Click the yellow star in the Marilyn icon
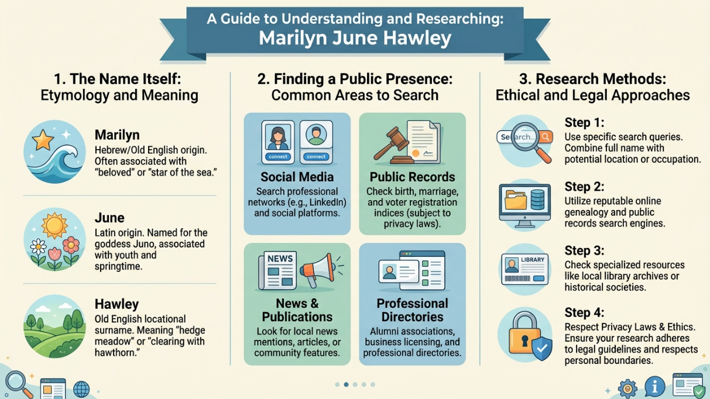click(43, 140)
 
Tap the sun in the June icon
click(55, 226)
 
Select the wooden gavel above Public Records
click(390, 145)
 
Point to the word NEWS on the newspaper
click(280, 259)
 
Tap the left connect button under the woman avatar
click(277, 157)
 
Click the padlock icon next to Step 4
click(524, 336)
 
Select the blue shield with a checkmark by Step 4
click(541, 348)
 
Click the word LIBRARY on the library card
click(533, 260)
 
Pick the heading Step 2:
click(584, 187)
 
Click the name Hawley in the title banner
click(417, 38)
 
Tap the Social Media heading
click(297, 177)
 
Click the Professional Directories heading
click(412, 310)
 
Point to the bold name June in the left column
click(109, 218)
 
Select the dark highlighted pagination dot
click(346, 384)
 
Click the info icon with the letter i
click(654, 386)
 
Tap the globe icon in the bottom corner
click(81, 389)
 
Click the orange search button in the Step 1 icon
click(546, 137)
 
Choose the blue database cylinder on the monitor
click(537, 199)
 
